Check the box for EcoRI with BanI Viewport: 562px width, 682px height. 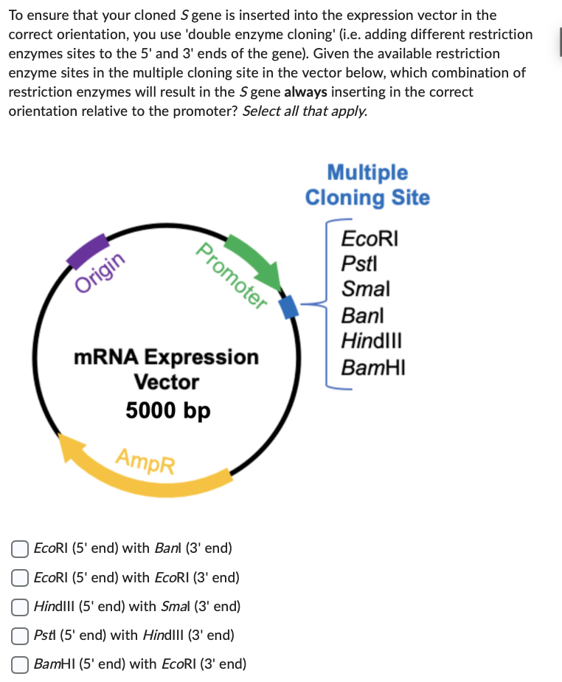coord(21,548)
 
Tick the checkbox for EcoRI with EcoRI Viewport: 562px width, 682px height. coord(21,578)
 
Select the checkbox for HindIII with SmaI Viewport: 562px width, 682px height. coord(21,607)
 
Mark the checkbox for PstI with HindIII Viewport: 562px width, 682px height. coord(21,635)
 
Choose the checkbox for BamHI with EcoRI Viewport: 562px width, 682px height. coord(21,664)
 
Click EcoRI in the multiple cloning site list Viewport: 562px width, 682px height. coord(370,239)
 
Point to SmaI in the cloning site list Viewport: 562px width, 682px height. coord(365,289)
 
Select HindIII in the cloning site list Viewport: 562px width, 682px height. coord(371,341)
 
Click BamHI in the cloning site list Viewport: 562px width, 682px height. coord(373,367)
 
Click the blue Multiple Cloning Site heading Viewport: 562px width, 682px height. coord(367,185)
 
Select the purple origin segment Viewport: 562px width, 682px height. coord(86,251)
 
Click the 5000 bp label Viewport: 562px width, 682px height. coord(168,410)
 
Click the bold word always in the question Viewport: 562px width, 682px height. coord(305,92)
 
